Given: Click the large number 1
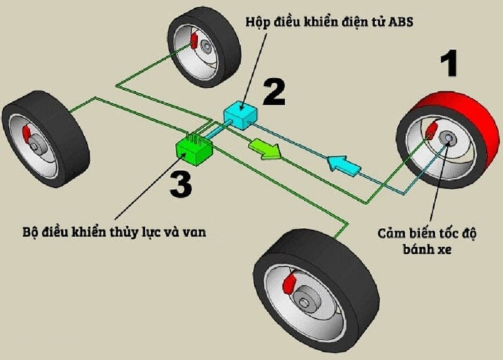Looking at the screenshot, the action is pos(449,64).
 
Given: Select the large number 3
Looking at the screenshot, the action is pos(181,184).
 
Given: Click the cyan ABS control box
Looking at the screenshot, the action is pos(240,115).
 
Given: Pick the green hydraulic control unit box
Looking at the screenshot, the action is pos(194,150).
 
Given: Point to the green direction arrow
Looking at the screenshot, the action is pos(265,149).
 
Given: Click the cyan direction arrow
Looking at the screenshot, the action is pos(343,166).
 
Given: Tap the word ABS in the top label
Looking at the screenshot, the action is pos(401,22).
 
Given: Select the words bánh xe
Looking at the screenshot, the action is pos(427,249).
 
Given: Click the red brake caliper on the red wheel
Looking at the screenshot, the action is pos(431,130).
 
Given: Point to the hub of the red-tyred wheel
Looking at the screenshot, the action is pos(448,138).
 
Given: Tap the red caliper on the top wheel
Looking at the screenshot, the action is pos(194,41).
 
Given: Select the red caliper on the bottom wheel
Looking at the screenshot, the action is pos(289,283).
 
